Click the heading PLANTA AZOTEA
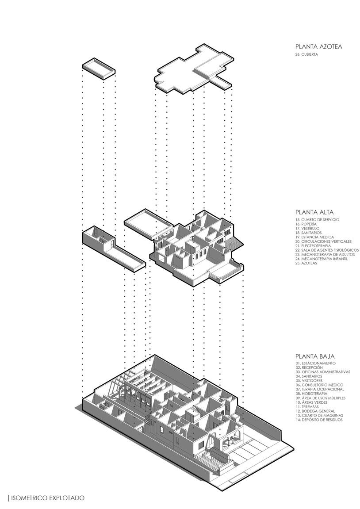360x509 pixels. pos(318,46)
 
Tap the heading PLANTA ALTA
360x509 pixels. pos(314,212)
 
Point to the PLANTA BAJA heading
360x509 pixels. pos(315,356)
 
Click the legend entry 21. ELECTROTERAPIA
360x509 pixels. pos(313,246)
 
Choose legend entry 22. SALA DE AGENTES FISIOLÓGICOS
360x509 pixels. pos(327,250)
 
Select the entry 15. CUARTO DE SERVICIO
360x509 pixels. pos(317,220)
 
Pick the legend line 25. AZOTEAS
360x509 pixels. pos(306,264)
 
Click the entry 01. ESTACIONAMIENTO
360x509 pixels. pos(316,364)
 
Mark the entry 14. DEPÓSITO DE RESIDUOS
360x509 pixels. pos(319,420)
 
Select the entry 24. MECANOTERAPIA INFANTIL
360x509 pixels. pos(322,259)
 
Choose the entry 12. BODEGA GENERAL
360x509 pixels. pos(314,411)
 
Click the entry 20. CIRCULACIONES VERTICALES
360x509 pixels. pos(323,241)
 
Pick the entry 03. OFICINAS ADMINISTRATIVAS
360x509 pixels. pos(323,372)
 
